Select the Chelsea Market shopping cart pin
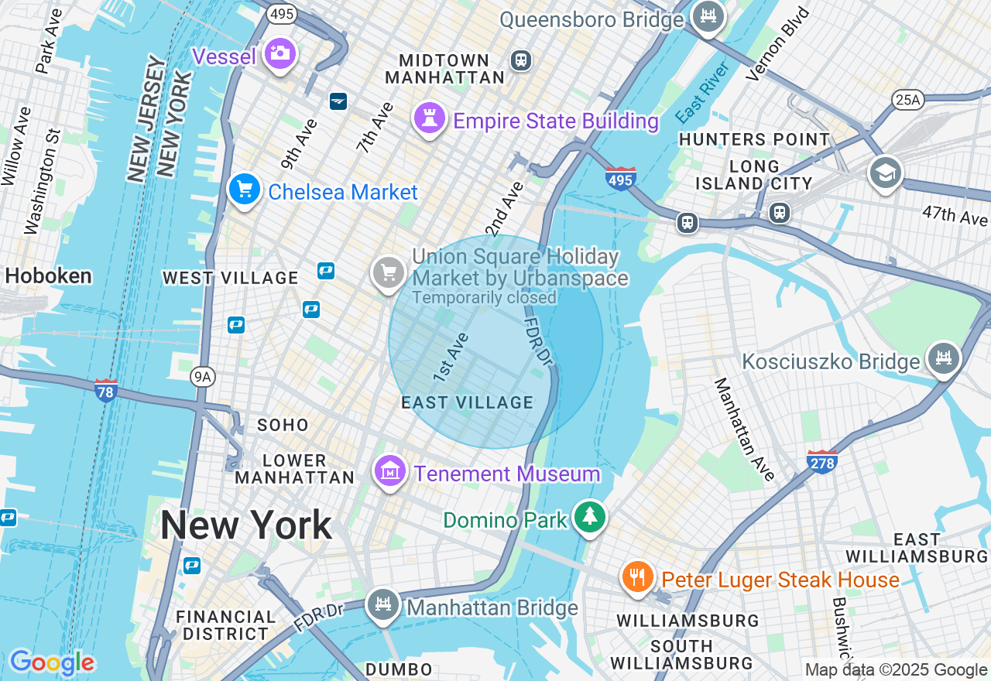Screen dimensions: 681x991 (x=245, y=190)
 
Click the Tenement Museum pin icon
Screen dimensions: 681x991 (x=390, y=471)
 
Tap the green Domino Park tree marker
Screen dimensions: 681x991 (x=590, y=516)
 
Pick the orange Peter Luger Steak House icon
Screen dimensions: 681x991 (x=637, y=577)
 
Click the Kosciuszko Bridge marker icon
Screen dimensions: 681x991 (x=944, y=358)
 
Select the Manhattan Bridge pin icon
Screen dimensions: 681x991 (x=382, y=604)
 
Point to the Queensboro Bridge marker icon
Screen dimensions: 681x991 (x=708, y=16)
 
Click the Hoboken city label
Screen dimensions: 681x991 (x=48, y=276)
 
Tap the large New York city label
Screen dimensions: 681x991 (x=246, y=526)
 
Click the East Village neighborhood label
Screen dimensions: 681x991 (x=467, y=402)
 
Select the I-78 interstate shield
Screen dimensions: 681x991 (x=106, y=390)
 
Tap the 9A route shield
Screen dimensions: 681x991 (x=201, y=377)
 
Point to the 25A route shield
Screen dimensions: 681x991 (x=907, y=99)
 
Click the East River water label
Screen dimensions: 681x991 (x=703, y=93)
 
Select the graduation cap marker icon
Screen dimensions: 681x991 (x=884, y=173)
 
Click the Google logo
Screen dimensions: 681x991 (x=52, y=662)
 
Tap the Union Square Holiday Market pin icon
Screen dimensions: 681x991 (x=389, y=272)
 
